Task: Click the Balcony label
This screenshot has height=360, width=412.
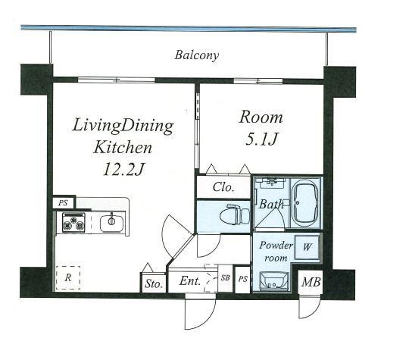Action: click(x=197, y=55)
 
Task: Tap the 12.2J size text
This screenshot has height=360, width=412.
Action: click(x=123, y=169)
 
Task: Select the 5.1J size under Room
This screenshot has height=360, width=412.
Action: click(x=261, y=139)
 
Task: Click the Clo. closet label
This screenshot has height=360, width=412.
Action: click(x=223, y=187)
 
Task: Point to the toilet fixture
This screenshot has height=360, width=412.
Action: click(x=235, y=214)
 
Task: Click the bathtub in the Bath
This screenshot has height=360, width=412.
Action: click(x=305, y=203)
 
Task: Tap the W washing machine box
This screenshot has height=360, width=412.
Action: click(x=307, y=247)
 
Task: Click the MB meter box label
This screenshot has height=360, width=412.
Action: click(x=311, y=282)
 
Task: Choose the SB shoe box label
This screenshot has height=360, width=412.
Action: click(x=225, y=277)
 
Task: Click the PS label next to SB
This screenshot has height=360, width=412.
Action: click(x=243, y=279)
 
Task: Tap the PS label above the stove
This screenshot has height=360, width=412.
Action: click(x=63, y=203)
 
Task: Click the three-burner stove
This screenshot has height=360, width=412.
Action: click(x=73, y=223)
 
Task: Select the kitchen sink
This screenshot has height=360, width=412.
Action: click(x=112, y=224)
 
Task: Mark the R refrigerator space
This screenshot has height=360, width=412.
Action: click(x=68, y=277)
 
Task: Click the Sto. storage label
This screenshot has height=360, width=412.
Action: click(x=154, y=283)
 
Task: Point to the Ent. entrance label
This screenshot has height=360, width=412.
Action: click(x=190, y=281)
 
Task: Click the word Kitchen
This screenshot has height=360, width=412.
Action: click(x=123, y=147)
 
